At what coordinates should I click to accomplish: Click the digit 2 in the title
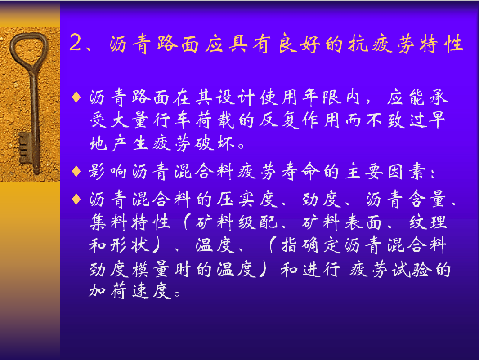(x=76, y=42)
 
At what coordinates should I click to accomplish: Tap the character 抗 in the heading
(x=358, y=43)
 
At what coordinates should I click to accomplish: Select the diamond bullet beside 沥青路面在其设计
(x=76, y=97)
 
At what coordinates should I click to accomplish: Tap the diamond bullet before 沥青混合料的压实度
(x=76, y=199)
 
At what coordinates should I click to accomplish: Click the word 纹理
(x=428, y=222)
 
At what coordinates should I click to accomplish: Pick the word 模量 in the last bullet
(x=151, y=269)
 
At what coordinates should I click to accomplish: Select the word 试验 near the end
(x=412, y=269)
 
